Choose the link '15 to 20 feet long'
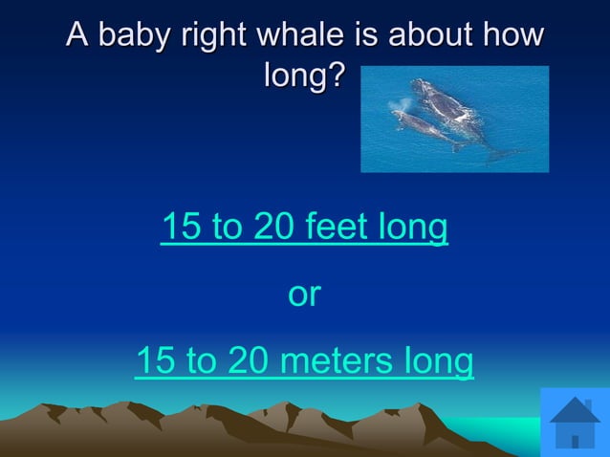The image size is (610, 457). point(304,228)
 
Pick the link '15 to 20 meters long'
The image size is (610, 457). point(304,361)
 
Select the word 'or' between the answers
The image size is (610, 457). point(304,294)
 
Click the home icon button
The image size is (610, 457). point(575,422)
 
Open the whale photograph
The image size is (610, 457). point(454,119)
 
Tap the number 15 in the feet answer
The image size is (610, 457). point(180,228)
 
